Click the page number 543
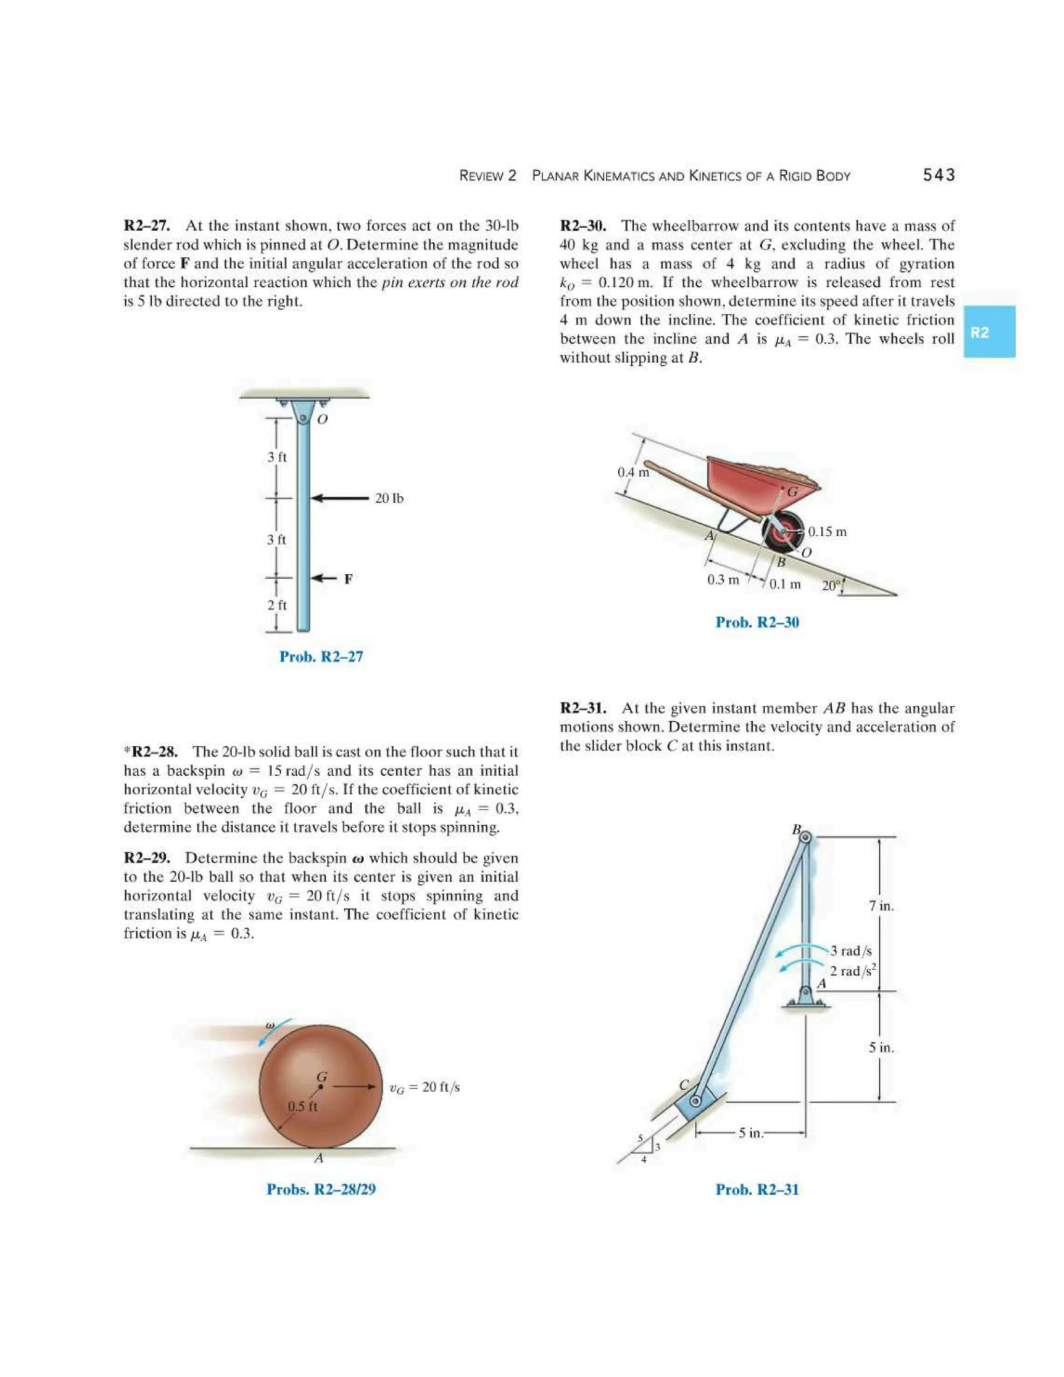[939, 175]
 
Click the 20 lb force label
[389, 499]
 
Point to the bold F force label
[348, 579]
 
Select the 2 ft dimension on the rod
[277, 605]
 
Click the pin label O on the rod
[322, 419]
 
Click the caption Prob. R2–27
[321, 656]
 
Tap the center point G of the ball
[321, 1085]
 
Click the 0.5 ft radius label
[302, 1106]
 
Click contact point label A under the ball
[319, 1158]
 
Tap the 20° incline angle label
[830, 586]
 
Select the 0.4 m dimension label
[632, 472]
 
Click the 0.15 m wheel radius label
[827, 532]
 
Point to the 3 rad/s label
[851, 951]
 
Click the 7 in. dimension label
[881, 906]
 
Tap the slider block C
[695, 1102]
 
